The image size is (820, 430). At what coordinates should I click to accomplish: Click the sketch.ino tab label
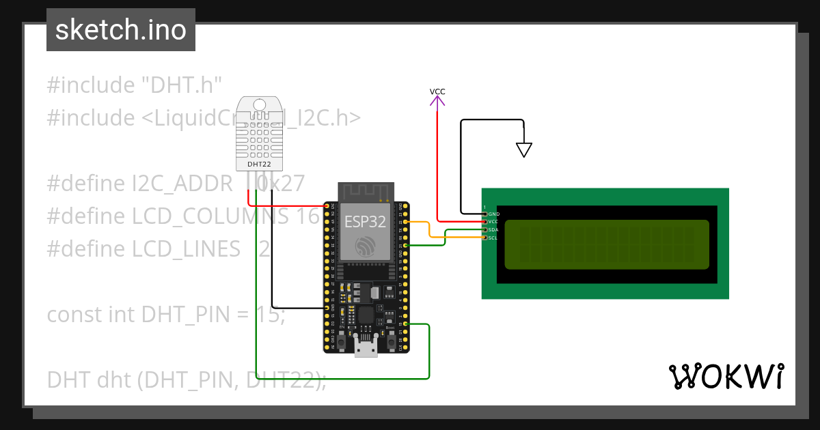click(x=121, y=30)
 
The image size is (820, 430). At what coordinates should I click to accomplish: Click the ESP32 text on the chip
click(x=364, y=221)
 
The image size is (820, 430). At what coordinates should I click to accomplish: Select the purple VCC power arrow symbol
click(x=437, y=101)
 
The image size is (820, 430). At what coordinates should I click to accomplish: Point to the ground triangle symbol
click(x=523, y=149)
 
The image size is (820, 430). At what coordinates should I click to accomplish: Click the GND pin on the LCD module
click(x=485, y=214)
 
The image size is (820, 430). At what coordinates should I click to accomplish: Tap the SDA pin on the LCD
click(x=485, y=230)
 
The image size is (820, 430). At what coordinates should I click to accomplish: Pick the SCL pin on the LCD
click(x=485, y=238)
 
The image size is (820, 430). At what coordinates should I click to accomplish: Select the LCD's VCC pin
click(x=485, y=222)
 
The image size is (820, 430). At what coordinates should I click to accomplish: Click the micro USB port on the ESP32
click(x=366, y=347)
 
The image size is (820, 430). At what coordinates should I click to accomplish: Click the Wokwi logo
click(x=725, y=376)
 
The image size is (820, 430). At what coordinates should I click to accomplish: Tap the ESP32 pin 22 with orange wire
click(x=407, y=222)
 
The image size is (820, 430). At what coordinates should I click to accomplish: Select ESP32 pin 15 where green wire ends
click(x=407, y=324)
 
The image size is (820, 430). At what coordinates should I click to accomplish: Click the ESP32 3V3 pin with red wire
click(x=326, y=205)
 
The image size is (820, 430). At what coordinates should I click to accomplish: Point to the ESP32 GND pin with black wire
click(x=326, y=308)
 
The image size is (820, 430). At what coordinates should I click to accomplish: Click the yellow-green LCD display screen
click(x=607, y=244)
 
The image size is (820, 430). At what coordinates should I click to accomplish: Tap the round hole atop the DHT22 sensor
click(x=259, y=104)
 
